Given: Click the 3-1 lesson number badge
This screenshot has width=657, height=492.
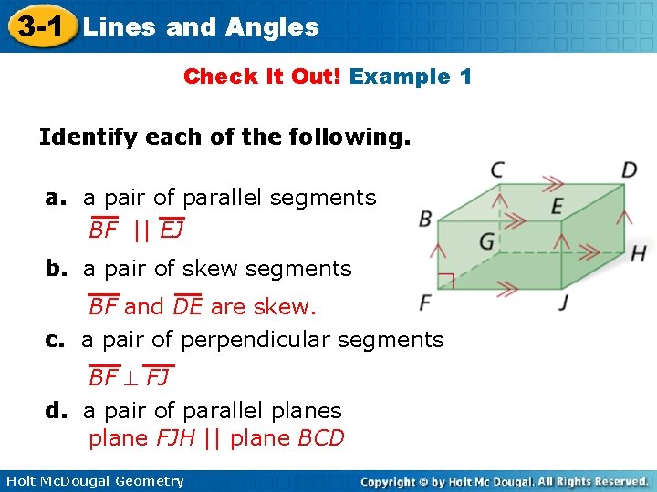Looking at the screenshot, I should pyautogui.click(x=37, y=26).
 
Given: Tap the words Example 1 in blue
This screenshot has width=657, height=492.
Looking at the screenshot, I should pyautogui.click(x=411, y=77).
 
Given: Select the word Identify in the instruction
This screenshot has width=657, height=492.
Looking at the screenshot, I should pyautogui.click(x=86, y=138).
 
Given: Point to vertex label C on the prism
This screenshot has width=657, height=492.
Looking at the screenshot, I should pyautogui.click(x=497, y=169).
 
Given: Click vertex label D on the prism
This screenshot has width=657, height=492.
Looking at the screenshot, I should pyautogui.click(x=630, y=170).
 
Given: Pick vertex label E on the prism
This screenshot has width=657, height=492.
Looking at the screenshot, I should pyautogui.click(x=557, y=207).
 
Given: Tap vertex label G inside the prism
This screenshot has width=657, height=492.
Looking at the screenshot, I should pyautogui.click(x=487, y=242).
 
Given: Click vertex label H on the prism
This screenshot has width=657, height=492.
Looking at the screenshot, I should pyautogui.click(x=638, y=252).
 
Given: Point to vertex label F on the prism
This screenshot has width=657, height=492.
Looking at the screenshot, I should pyautogui.click(x=425, y=302).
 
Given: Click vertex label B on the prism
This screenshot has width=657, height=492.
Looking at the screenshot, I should pyautogui.click(x=425, y=219).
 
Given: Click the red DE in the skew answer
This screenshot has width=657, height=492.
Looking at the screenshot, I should pyautogui.click(x=188, y=307).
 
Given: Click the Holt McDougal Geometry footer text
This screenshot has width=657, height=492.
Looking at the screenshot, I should pyautogui.click(x=94, y=481).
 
